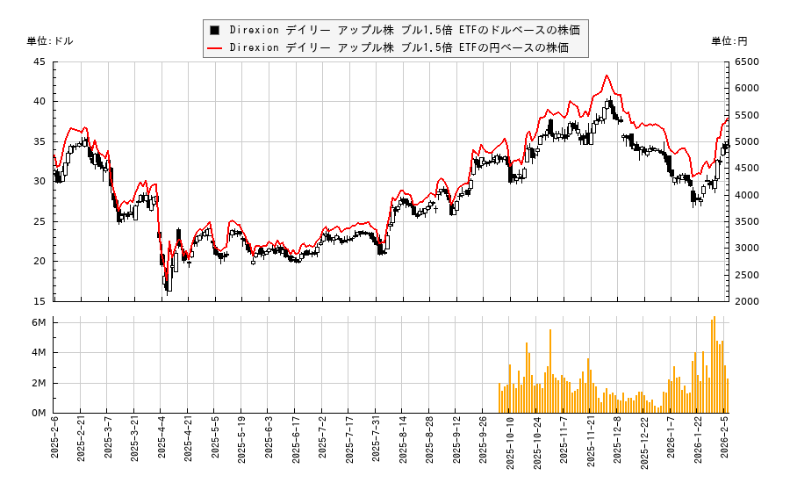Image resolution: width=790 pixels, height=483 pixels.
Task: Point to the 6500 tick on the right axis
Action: click(746, 61)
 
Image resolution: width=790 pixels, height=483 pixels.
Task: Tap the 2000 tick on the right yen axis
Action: click(746, 301)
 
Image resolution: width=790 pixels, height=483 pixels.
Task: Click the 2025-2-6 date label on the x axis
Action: click(54, 439)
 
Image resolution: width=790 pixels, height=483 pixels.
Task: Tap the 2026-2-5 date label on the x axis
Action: click(726, 439)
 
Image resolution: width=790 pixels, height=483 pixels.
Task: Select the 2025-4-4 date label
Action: click(162, 439)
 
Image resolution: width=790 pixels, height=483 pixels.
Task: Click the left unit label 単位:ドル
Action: click(50, 41)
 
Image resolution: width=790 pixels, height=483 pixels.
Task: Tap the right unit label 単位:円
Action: click(729, 41)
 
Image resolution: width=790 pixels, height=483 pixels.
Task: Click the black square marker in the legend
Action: click(214, 29)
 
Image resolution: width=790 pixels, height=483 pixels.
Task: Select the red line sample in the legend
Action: click(214, 48)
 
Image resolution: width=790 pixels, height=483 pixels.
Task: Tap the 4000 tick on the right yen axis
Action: click(746, 195)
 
